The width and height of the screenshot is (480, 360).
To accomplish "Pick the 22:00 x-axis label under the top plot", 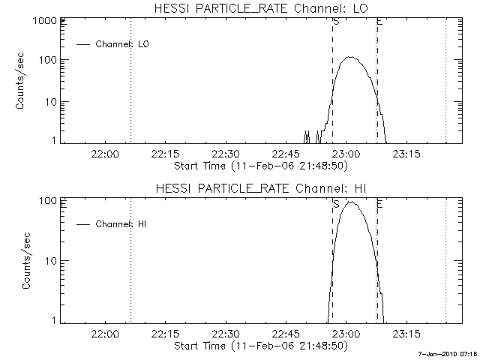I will pyautogui.click(x=104, y=154).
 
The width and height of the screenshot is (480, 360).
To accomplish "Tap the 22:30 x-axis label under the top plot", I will pyautogui.click(x=225, y=154).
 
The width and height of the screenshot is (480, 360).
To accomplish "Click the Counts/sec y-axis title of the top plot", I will pyautogui.click(x=22, y=80).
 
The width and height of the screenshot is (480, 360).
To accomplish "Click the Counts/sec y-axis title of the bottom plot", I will pyautogui.click(x=28, y=260).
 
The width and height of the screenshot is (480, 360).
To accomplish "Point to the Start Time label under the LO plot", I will pyautogui.click(x=259, y=165).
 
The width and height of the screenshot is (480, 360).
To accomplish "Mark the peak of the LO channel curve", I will pyautogui.click(x=349, y=57).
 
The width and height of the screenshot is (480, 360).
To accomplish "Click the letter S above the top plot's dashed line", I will pyautogui.click(x=335, y=22).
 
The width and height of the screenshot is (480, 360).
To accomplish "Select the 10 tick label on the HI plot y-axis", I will pyautogui.click(x=50, y=260).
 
